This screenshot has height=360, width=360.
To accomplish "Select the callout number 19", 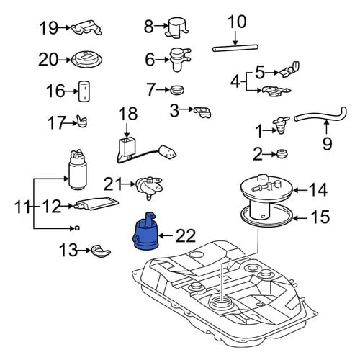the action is [x=48, y=28].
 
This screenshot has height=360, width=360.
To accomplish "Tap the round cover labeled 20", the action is [x=87, y=60].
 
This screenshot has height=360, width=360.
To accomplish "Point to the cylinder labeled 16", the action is [x=84, y=91].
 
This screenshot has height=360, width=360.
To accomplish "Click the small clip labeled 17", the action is [x=81, y=121].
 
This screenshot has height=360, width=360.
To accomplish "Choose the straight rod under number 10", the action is [x=235, y=48].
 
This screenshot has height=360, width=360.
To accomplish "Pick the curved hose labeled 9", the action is [x=322, y=116].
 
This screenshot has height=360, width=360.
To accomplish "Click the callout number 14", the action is [x=318, y=189].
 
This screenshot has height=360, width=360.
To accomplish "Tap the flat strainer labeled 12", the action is [x=96, y=203].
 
